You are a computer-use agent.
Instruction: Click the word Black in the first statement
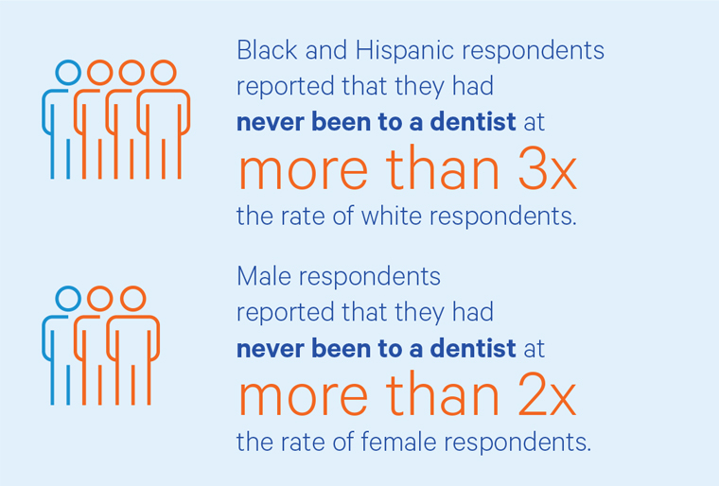260,50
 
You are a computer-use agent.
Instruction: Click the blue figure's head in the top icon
68,73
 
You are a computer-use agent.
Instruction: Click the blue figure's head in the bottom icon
68,299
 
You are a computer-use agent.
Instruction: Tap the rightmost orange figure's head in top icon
164,73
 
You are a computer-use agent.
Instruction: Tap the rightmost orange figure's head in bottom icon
132,299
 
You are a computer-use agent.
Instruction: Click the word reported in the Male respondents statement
273,312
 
